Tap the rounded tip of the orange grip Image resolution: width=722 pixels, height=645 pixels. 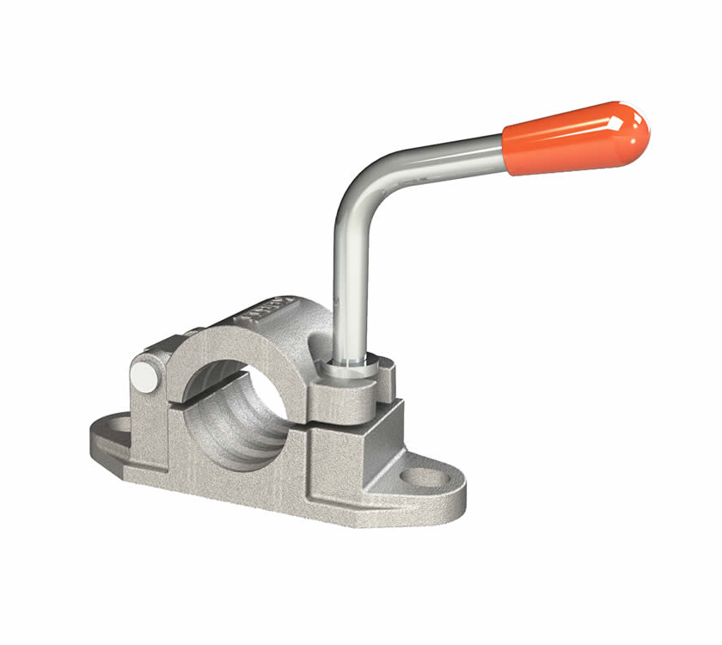pos(640,129)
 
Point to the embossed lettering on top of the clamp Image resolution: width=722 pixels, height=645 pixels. pos(273,310)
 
